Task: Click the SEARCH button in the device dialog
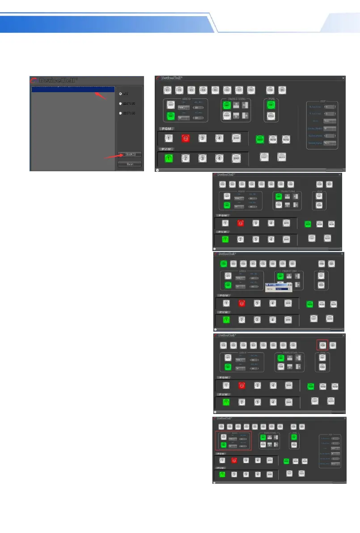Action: (129, 154)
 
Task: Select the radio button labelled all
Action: (120, 94)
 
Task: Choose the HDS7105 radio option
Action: (120, 104)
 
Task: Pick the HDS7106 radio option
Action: (120, 113)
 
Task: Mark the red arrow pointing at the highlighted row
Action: (102, 96)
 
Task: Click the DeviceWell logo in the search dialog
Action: (54, 81)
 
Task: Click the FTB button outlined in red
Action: (322, 345)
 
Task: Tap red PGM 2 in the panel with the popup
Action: (241, 303)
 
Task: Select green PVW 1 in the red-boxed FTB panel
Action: (226, 401)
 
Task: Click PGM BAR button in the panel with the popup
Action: (288, 303)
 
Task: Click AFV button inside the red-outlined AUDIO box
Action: (222, 437)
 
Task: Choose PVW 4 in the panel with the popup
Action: (272, 320)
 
